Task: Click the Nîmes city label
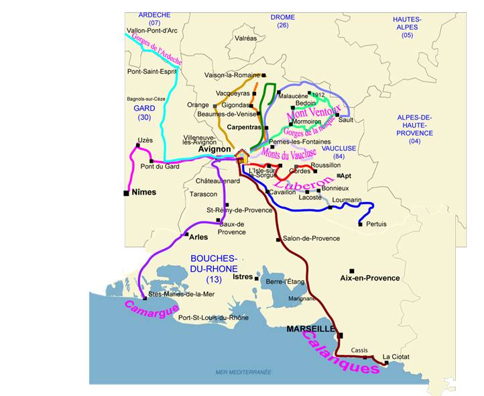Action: click(x=144, y=193)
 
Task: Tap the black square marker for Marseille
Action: click(x=341, y=335)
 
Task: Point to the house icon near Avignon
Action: click(x=241, y=156)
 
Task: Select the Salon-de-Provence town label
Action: click(x=311, y=238)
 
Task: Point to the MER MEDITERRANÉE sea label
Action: click(x=243, y=371)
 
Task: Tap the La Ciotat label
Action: click(x=396, y=356)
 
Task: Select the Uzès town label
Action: click(x=145, y=140)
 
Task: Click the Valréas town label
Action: click(x=245, y=38)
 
